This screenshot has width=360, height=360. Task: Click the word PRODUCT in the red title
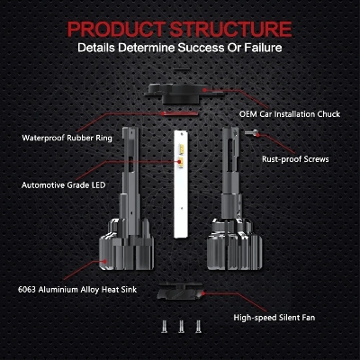point(116,29)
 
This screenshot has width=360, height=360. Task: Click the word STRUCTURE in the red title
point(230,29)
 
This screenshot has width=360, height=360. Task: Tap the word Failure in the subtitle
point(263,48)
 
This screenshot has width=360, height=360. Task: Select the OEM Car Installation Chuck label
point(290,114)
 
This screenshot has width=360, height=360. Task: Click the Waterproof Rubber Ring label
point(67,138)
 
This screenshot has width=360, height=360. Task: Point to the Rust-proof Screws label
point(295,159)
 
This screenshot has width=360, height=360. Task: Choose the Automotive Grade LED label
point(64,184)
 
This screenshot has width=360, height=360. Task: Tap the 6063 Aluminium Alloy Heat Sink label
point(77,290)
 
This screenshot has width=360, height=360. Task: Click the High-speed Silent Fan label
point(274,318)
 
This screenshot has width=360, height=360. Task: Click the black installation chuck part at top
point(184,93)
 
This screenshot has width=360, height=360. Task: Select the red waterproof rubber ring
point(179,113)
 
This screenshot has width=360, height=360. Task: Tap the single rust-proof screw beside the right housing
point(251,132)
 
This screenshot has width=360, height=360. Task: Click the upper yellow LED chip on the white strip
point(181,148)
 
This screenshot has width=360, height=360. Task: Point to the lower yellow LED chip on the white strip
point(181,161)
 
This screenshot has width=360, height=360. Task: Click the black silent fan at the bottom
point(181,292)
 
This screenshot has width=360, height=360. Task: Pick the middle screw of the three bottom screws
point(181,326)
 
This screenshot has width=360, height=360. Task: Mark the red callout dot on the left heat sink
point(104,261)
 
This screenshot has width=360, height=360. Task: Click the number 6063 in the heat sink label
point(27,290)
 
